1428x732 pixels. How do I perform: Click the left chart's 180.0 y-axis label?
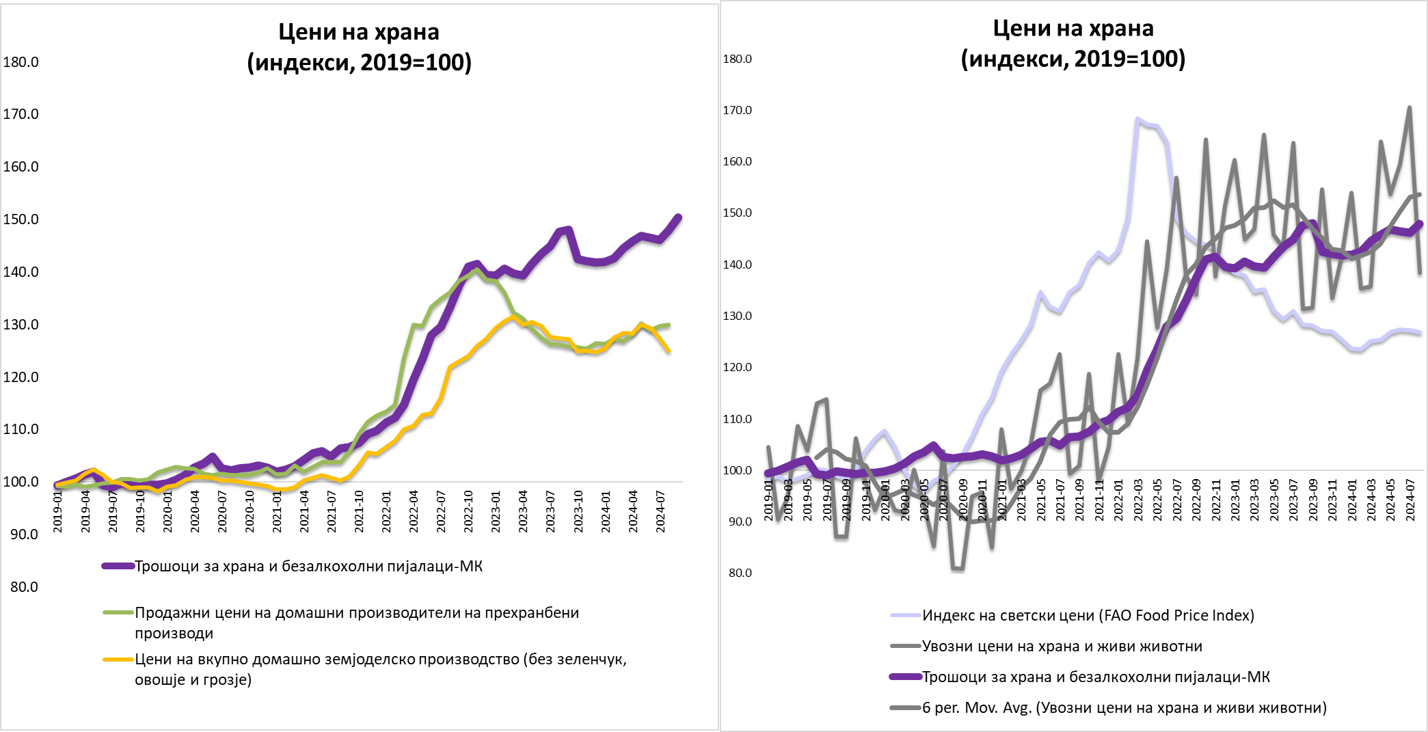pyautogui.click(x=21, y=62)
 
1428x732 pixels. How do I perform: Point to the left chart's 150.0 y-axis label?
pyautogui.click(x=21, y=219)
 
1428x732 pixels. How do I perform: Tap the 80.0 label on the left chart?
pyautogui.click(x=24, y=587)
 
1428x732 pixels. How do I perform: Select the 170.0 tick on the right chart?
pyautogui.click(x=737, y=110)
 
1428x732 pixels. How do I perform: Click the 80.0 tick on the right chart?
pyautogui.click(x=740, y=573)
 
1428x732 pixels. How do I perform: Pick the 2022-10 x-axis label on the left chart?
pyautogui.click(x=469, y=511)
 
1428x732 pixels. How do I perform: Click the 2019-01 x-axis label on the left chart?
pyautogui.click(x=58, y=511)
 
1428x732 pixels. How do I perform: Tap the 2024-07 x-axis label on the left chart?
pyautogui.click(x=661, y=511)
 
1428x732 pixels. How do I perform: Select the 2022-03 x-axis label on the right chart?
pyautogui.click(x=1138, y=500)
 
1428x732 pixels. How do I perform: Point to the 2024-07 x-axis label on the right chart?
pyautogui.click(x=1410, y=500)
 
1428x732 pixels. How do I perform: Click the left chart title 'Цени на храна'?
pyautogui.click(x=359, y=32)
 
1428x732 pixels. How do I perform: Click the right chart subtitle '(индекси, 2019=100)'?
pyautogui.click(x=1073, y=59)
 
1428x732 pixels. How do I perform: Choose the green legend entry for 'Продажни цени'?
pyautogui.click(x=356, y=623)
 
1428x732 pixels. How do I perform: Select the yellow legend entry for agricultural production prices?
pyautogui.click(x=380, y=669)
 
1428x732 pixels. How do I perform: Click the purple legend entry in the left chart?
pyautogui.click(x=308, y=566)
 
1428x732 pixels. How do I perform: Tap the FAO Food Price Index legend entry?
pyautogui.click(x=1088, y=615)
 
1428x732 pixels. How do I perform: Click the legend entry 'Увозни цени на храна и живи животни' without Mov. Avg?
pyautogui.click(x=1062, y=646)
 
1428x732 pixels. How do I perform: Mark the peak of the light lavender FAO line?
pyautogui.click(x=1137, y=119)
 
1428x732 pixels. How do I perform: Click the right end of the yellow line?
pyautogui.click(x=669, y=351)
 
